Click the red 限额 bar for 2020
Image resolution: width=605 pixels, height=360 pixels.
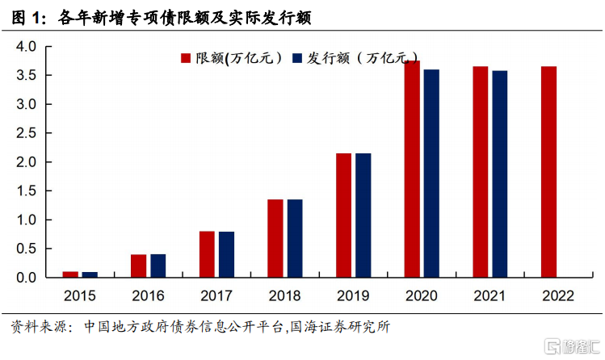412,169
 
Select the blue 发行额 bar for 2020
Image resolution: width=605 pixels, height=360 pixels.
431,174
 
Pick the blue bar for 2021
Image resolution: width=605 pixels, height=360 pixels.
499,174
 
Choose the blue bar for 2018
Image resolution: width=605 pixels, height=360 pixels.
295,238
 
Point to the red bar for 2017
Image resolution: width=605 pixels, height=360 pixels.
207,254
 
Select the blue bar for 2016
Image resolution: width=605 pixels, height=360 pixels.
158,266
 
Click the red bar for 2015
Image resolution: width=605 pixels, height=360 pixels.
70,274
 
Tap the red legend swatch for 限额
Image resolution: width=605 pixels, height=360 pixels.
185,58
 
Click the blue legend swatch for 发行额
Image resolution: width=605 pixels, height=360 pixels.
296,58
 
